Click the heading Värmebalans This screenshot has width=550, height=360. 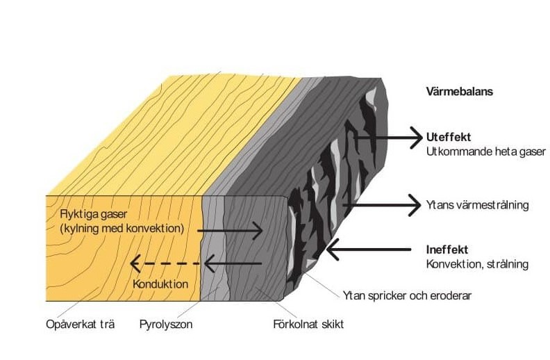[x=460, y=91]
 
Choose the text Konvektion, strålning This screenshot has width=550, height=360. [x=477, y=264]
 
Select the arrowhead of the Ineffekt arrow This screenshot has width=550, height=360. [x=332, y=247]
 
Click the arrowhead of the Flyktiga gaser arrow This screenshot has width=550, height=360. [x=259, y=229]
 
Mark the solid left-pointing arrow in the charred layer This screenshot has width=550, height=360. [x=233, y=263]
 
